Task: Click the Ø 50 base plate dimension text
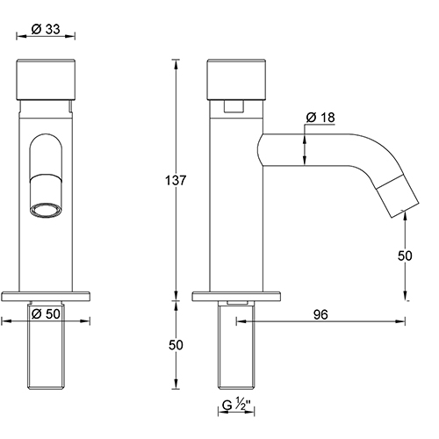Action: click(x=46, y=313)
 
